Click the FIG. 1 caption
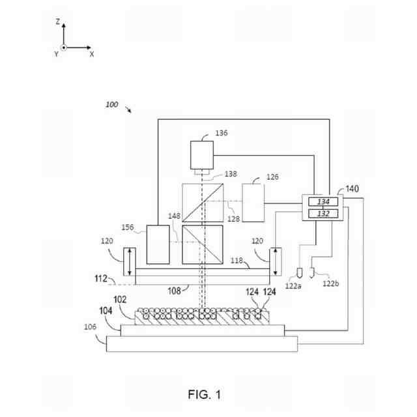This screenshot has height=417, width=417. point(205,395)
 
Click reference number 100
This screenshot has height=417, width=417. point(112,104)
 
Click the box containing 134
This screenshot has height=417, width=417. point(323,201)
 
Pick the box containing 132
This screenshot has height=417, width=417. point(323,213)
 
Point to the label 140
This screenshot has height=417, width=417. point(352,189)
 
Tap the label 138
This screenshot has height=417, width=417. point(231,174)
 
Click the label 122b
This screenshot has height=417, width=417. point(332,283)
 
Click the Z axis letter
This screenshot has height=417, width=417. point(58,22)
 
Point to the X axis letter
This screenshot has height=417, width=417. point(91,54)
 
